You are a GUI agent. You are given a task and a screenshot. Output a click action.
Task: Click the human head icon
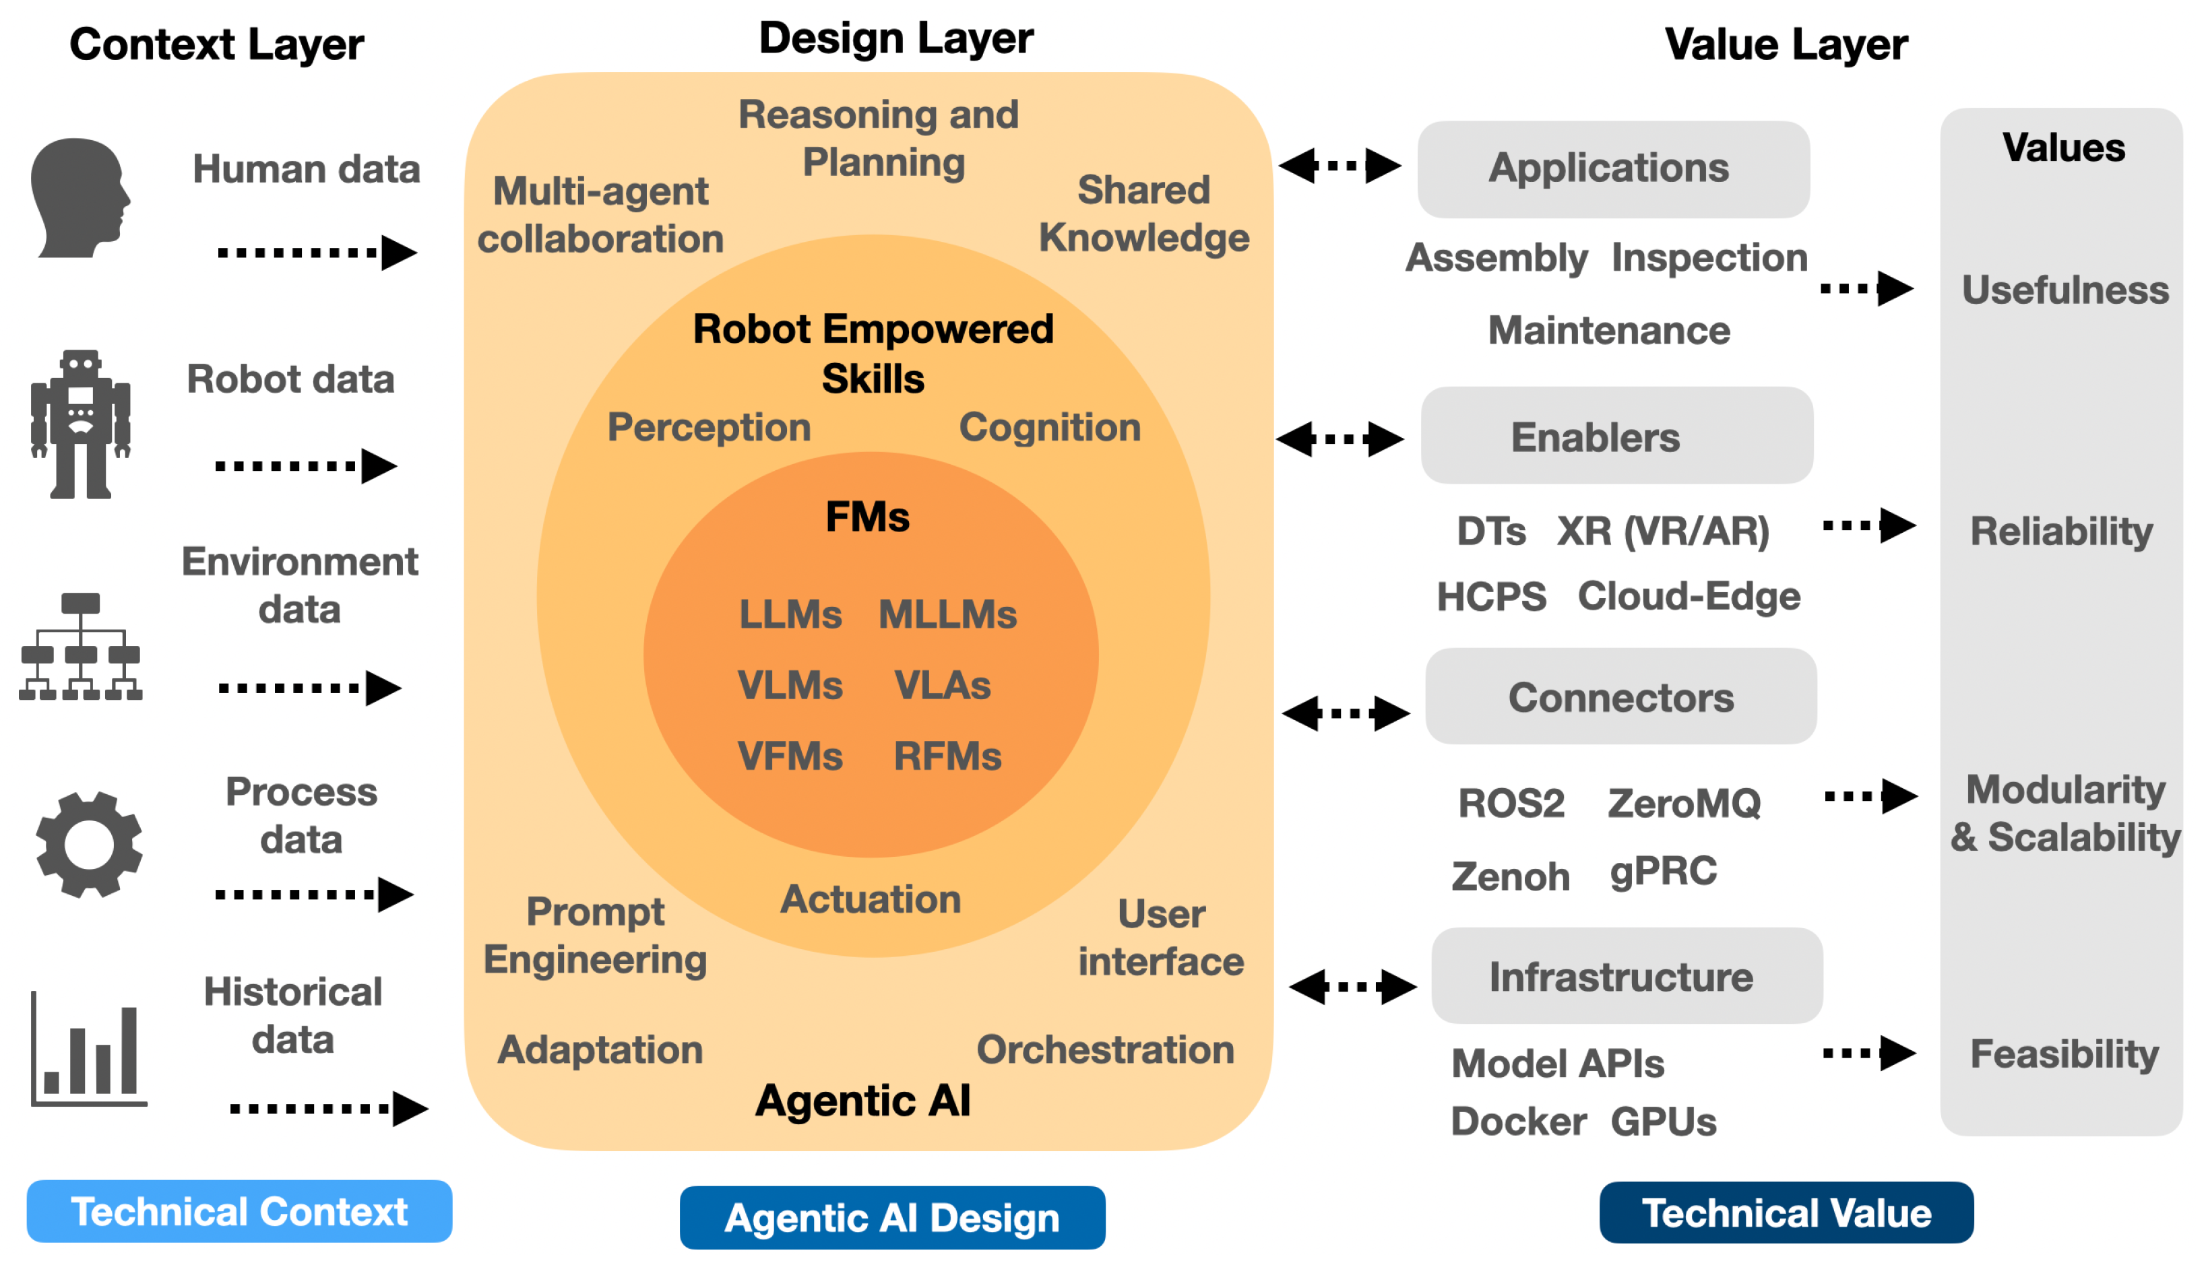80,198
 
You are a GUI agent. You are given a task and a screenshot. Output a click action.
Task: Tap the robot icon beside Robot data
81,424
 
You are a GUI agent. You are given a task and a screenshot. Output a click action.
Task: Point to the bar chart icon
88,1049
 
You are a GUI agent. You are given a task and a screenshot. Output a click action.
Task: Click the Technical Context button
239,1212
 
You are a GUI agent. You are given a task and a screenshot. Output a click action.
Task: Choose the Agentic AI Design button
893,1218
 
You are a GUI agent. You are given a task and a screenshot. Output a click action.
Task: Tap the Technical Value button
1787,1212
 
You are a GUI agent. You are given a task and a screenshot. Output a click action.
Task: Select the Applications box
1614,169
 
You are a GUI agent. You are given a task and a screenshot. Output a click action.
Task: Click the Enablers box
1617,435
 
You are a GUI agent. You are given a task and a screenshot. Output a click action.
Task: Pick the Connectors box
1621,697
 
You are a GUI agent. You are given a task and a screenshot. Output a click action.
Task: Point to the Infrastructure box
1627,976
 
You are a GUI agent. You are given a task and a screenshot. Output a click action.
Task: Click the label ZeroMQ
1684,803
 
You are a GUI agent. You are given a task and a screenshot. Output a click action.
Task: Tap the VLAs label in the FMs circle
943,685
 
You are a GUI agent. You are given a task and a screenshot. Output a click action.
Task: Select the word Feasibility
2065,1055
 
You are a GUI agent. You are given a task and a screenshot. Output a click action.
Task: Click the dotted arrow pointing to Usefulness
1867,288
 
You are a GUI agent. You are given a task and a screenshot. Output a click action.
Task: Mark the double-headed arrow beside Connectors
1346,713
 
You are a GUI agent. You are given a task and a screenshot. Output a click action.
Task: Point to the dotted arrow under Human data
317,253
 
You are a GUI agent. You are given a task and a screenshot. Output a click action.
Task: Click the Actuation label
871,899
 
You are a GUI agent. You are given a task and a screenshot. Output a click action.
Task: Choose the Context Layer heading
217,45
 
